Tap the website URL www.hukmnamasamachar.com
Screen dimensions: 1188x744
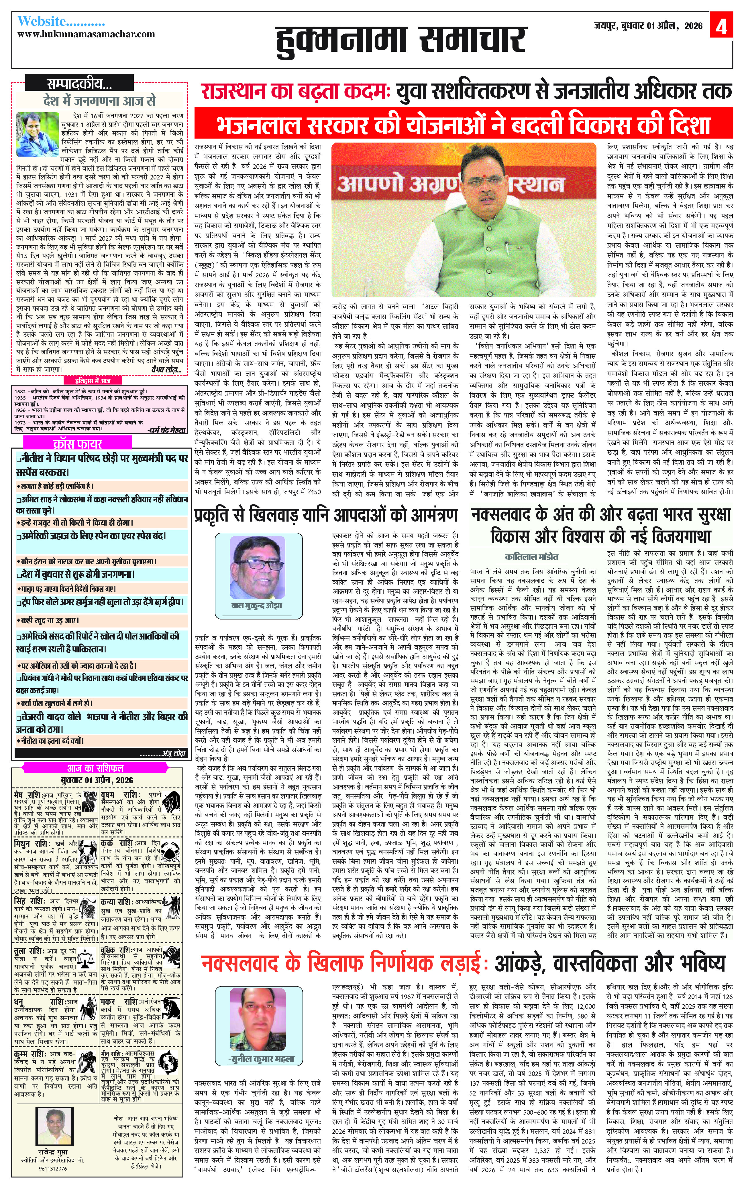pyautogui.click(x=86, y=34)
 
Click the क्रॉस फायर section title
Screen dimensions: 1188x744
pyautogui.click(x=77, y=443)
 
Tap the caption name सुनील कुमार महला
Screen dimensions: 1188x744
pyautogui.click(x=261, y=1059)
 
